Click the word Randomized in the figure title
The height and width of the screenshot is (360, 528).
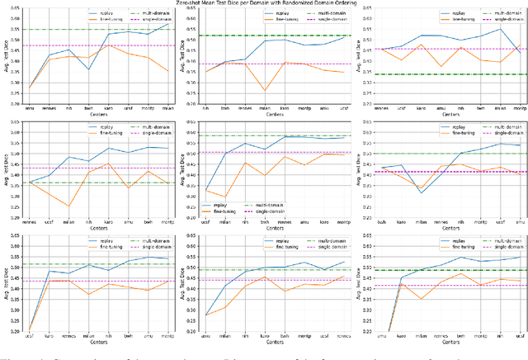click(316, 4)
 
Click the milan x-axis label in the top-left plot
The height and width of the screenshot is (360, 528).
click(168, 109)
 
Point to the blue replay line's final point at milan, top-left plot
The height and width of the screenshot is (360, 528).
click(168, 24)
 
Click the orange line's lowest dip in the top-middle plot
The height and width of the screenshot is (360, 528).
click(265, 91)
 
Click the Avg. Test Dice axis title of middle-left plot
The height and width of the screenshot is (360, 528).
click(8, 170)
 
